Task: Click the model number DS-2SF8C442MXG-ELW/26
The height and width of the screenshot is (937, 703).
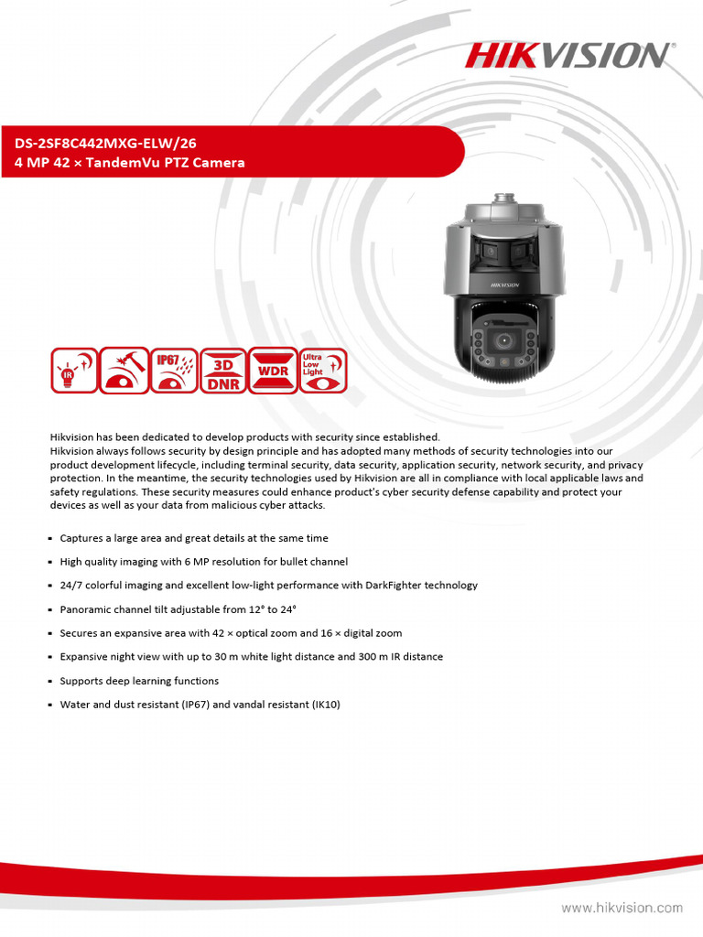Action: point(105,143)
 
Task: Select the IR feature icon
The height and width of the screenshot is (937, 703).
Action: point(72,371)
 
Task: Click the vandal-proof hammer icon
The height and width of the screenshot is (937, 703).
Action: point(123,371)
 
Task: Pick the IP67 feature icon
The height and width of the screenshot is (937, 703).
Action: point(173,371)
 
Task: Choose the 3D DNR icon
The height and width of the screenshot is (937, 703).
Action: point(222,371)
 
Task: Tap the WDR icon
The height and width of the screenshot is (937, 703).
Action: point(273,371)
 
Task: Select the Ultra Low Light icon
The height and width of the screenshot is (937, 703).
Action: point(323,371)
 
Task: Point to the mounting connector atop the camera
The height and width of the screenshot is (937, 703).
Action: point(501,199)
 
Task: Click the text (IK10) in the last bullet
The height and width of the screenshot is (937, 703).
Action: point(326,705)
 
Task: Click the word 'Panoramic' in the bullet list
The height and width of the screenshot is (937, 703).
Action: point(86,609)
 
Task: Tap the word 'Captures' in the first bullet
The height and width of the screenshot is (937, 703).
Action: point(81,538)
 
